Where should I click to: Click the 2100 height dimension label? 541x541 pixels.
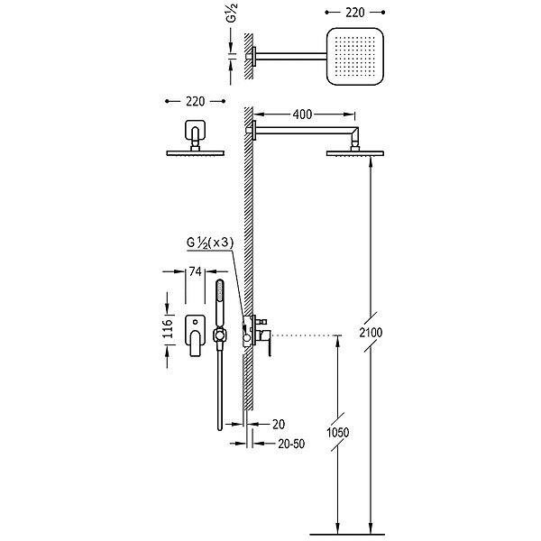coord(371,333)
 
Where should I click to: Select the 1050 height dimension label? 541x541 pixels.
coord(338,432)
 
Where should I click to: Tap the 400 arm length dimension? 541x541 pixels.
coord(302,115)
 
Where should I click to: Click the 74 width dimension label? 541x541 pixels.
coord(196,271)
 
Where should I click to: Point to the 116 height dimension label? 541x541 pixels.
coord(168,329)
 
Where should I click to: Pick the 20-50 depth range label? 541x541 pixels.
coord(291,444)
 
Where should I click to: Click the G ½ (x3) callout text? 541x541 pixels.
coord(210,243)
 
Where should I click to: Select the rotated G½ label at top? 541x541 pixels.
coord(232,14)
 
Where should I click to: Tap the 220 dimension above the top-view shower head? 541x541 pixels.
coord(355,13)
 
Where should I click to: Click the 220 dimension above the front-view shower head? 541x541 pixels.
coord(196,101)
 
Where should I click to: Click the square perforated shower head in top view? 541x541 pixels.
coord(355,56)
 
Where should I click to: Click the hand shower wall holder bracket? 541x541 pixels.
coord(219,335)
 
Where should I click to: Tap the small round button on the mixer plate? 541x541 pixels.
coord(196,322)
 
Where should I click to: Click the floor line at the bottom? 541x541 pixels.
coord(347,535)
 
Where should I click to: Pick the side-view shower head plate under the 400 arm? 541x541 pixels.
coord(355,153)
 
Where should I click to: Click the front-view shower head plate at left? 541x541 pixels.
coord(196,153)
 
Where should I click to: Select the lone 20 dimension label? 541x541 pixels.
coord(279,425)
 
